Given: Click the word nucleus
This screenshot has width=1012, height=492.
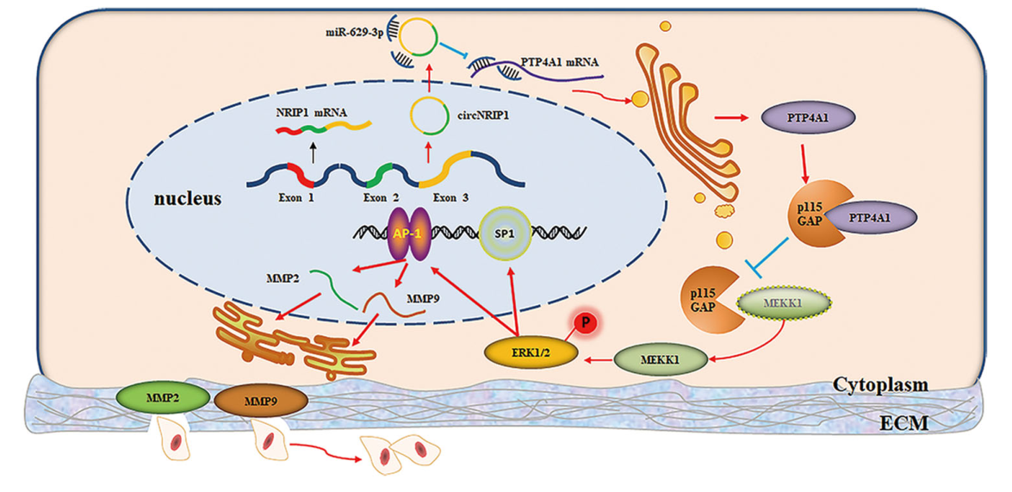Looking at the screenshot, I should (187, 199).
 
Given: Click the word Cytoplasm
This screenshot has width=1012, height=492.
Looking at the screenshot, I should (879, 385).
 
